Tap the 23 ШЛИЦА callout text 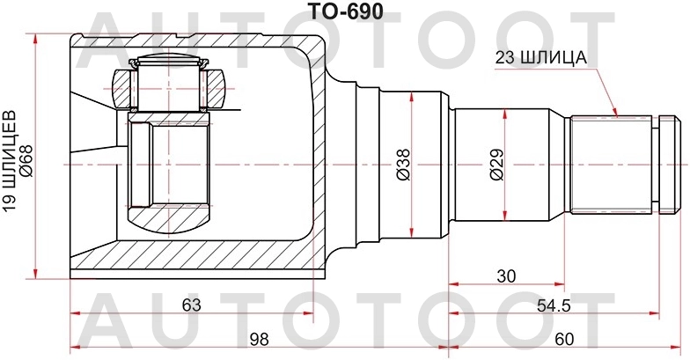tap(540, 58)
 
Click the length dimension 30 tap(505, 276)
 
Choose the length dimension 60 tap(564, 339)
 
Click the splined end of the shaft tap(613, 164)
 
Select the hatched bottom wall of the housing tap(194, 260)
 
